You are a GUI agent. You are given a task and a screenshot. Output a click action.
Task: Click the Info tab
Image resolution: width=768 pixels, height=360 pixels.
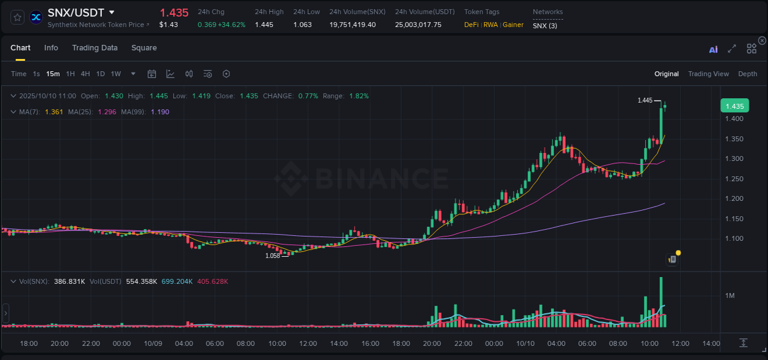[51, 48]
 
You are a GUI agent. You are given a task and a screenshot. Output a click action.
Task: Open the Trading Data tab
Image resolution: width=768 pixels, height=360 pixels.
[95, 48]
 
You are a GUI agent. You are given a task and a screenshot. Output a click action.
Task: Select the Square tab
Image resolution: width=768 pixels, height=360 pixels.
[144, 48]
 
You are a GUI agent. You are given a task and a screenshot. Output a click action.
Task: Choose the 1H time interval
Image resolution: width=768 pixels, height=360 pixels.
[70, 74]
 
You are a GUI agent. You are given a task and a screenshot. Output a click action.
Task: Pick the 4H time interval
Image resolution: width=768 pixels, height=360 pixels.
[85, 74]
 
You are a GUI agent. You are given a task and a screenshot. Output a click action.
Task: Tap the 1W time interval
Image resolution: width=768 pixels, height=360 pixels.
[116, 74]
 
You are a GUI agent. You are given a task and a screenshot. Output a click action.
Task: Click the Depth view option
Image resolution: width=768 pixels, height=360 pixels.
[747, 74]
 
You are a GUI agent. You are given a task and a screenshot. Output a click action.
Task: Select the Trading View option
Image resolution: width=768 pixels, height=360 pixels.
[708, 74]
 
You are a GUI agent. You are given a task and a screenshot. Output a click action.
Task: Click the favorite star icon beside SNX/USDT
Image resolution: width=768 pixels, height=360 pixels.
[18, 17]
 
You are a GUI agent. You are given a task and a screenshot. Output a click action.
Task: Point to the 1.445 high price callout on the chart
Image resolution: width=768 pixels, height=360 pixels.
[645, 100]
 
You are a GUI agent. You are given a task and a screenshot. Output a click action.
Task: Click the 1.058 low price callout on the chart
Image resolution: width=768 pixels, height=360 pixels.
[272, 256]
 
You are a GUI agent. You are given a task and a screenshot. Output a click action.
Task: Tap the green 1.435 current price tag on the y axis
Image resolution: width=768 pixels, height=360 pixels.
[734, 106]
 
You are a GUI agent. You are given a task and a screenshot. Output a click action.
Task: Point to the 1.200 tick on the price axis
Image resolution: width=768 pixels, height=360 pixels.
[735, 198]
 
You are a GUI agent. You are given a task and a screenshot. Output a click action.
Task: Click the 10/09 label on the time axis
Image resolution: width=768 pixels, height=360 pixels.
[153, 343]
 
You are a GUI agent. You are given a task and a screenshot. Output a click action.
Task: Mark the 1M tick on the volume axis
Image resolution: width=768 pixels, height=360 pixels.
[730, 295]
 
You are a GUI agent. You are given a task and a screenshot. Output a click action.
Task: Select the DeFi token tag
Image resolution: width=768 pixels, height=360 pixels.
[471, 25]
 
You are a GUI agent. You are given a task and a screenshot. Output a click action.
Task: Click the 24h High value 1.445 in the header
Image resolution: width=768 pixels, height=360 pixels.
[264, 25]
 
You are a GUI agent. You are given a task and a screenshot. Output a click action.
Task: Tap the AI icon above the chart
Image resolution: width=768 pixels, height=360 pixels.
[713, 49]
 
